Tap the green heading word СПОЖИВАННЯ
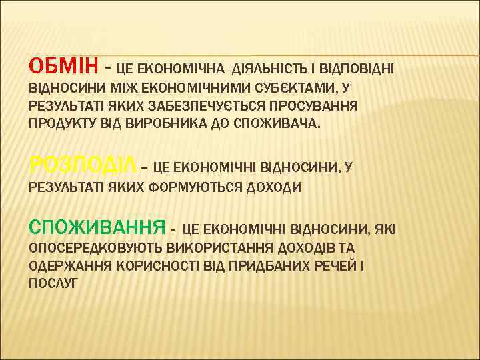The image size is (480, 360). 97,228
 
